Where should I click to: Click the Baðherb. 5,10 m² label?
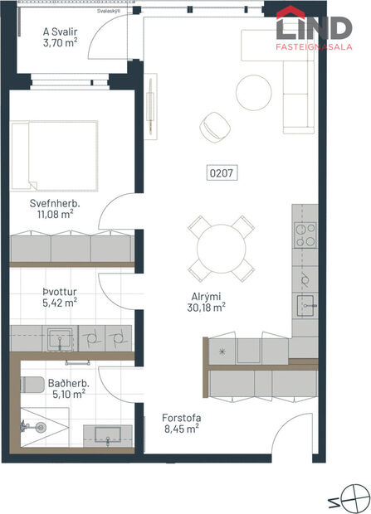(69, 389)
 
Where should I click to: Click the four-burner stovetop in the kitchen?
(305, 235)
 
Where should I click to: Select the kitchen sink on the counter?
(305, 303)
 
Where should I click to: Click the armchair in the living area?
(215, 128)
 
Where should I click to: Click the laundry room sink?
(58, 337)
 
